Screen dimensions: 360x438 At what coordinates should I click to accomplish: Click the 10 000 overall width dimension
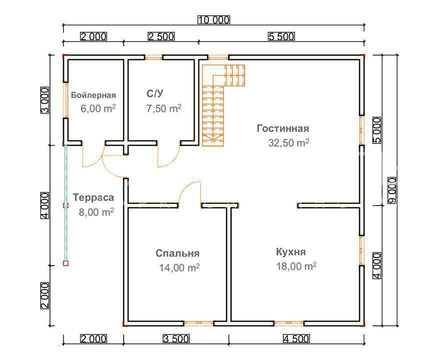click(213, 20)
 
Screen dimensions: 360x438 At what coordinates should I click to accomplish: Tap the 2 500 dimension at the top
click(160, 36)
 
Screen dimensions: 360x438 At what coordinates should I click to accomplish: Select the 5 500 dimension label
click(281, 36)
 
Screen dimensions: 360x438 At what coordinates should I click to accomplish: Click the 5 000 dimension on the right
click(378, 130)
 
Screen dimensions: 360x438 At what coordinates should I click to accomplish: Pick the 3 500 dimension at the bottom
click(176, 338)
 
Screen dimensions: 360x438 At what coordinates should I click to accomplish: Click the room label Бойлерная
click(93, 95)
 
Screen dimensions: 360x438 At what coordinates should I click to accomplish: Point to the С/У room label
click(154, 93)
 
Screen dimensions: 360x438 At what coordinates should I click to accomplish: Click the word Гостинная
click(283, 128)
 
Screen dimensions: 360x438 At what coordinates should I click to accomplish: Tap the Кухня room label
click(290, 251)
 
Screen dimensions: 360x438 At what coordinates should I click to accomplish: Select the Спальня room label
click(177, 253)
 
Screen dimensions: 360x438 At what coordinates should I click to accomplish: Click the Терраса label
click(93, 197)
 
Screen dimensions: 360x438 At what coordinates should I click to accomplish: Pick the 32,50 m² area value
click(288, 142)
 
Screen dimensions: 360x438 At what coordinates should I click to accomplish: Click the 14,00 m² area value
click(179, 267)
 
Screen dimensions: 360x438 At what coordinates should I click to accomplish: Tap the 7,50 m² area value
click(163, 108)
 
